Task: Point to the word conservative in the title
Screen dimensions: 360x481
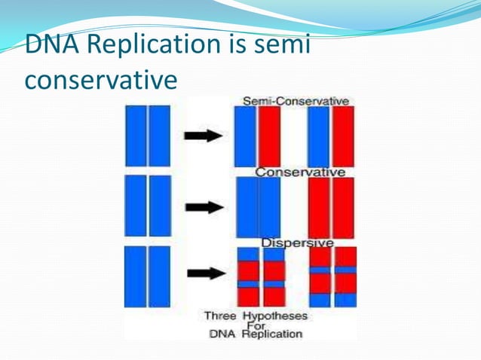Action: tap(101, 78)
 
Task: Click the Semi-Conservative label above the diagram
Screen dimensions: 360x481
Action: tap(295, 101)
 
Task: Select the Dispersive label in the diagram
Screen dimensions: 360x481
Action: tap(297, 243)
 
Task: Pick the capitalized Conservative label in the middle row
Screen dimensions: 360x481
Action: tap(300, 172)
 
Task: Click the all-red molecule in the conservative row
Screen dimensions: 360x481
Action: tap(331, 207)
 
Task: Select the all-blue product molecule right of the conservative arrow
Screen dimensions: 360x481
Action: tap(258, 207)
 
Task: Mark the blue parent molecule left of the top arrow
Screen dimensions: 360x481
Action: tap(148, 136)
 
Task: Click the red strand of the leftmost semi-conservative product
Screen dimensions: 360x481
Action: tap(269, 136)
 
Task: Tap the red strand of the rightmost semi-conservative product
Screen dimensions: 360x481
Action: tap(343, 136)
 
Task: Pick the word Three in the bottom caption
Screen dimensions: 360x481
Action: tap(220, 316)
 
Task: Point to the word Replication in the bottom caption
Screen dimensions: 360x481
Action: tap(272, 333)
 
